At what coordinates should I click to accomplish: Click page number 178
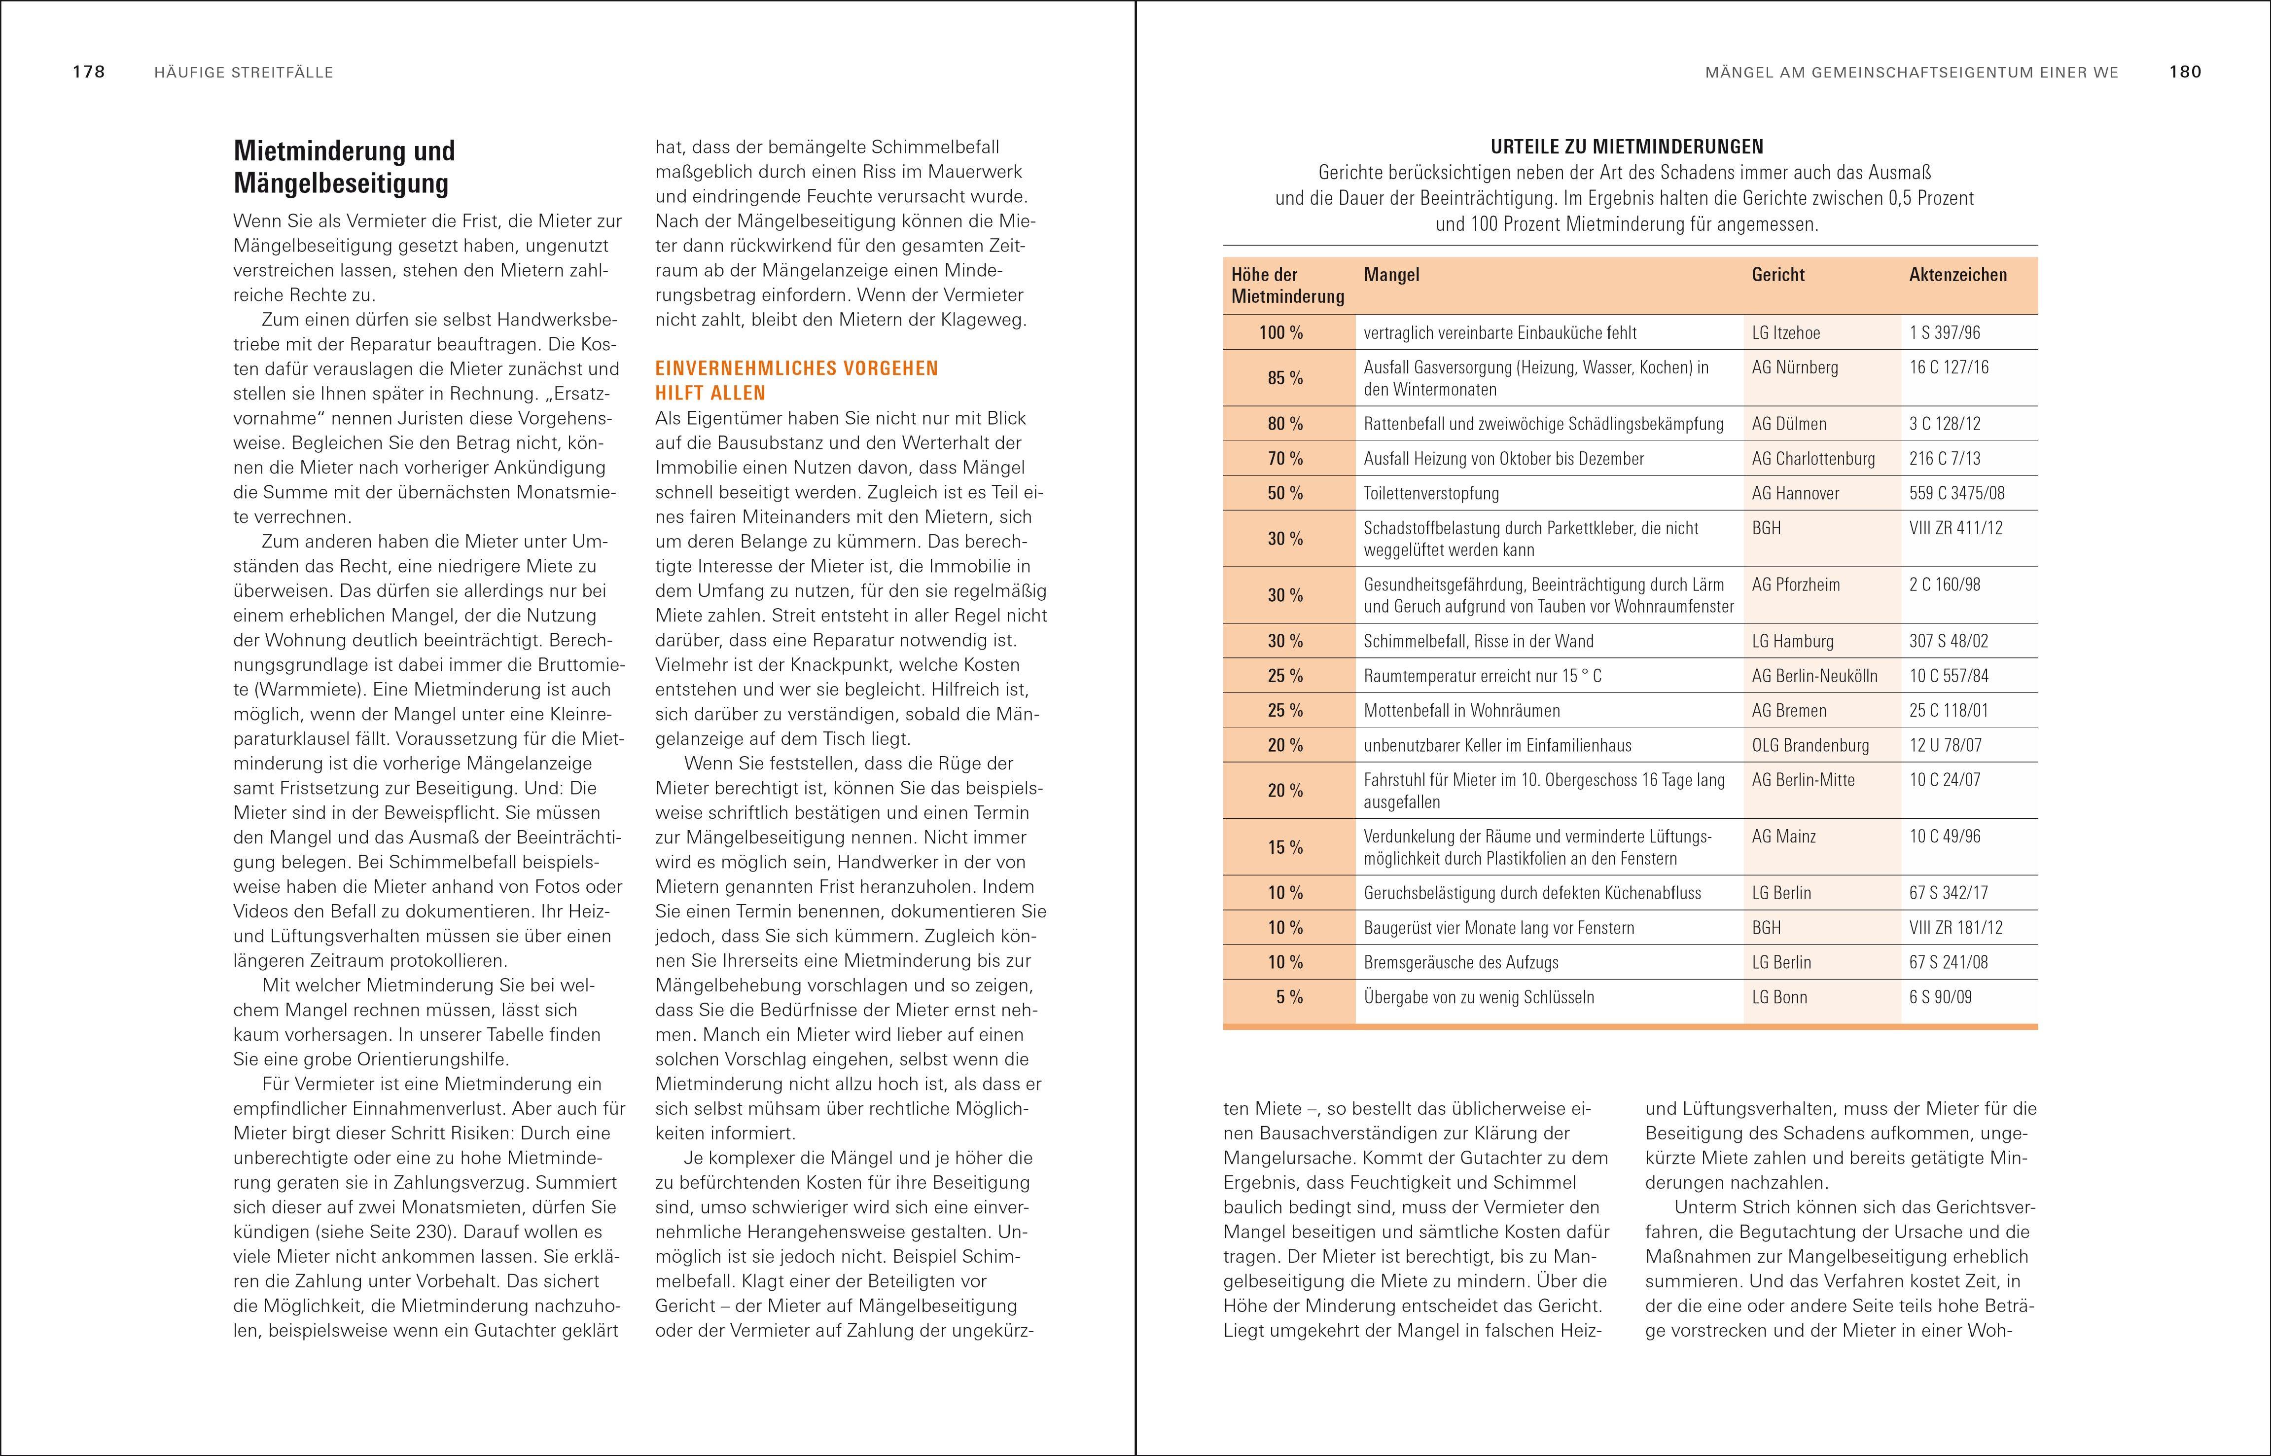88,72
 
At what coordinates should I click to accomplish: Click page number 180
2185,72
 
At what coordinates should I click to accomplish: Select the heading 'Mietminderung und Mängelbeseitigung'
344,166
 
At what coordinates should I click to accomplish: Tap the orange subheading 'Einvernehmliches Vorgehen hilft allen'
797,380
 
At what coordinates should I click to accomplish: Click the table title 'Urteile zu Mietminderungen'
1627,146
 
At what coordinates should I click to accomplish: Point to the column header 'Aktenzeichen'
1957,275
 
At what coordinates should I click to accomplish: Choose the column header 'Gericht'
1777,275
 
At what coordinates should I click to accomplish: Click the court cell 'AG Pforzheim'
1796,584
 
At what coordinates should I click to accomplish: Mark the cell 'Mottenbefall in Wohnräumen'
1461,711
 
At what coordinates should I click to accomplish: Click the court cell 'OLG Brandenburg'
1810,745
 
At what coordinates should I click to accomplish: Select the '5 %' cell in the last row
1289,996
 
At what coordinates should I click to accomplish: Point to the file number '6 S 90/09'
1940,996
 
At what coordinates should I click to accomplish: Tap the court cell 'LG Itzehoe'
1785,333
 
